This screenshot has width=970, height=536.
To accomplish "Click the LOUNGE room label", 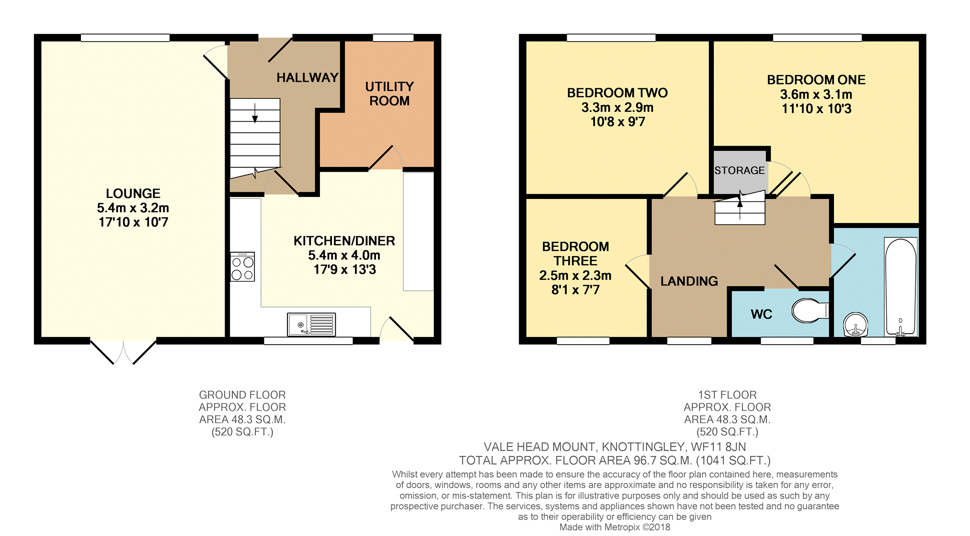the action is (x=133, y=193).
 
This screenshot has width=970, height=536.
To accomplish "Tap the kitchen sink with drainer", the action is (x=311, y=324).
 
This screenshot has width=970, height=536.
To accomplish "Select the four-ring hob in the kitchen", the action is (x=242, y=267).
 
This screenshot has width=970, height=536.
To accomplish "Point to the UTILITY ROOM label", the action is (x=389, y=93).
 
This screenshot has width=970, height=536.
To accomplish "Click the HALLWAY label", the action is (x=307, y=78).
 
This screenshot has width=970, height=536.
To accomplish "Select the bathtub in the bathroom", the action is (x=901, y=287).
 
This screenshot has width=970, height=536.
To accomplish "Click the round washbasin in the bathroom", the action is (x=856, y=325).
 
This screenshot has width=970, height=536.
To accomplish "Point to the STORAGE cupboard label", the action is (x=740, y=170).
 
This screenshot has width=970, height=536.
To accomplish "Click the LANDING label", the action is (x=689, y=281).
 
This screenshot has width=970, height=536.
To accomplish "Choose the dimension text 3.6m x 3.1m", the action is (x=816, y=94).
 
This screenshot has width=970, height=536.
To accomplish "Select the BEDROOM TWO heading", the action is (x=617, y=93).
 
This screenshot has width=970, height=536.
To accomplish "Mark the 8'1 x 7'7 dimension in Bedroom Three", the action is (x=575, y=290).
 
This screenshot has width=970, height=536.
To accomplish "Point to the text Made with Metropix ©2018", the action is (x=615, y=527).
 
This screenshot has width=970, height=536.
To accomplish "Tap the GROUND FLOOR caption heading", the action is (x=242, y=395).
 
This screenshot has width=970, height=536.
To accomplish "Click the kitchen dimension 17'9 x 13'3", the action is (x=345, y=270).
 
